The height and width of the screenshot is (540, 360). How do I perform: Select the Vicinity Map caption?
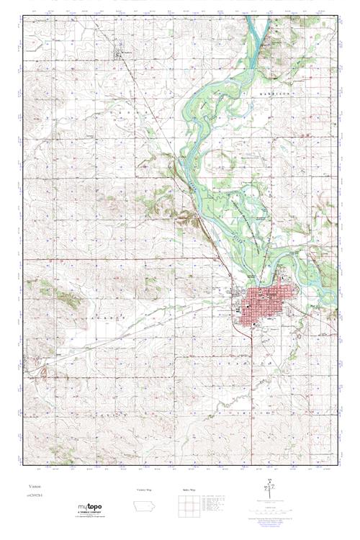pyautogui.click(x=145, y=489)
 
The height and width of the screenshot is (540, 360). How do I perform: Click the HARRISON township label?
pyautogui.click(x=274, y=94)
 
